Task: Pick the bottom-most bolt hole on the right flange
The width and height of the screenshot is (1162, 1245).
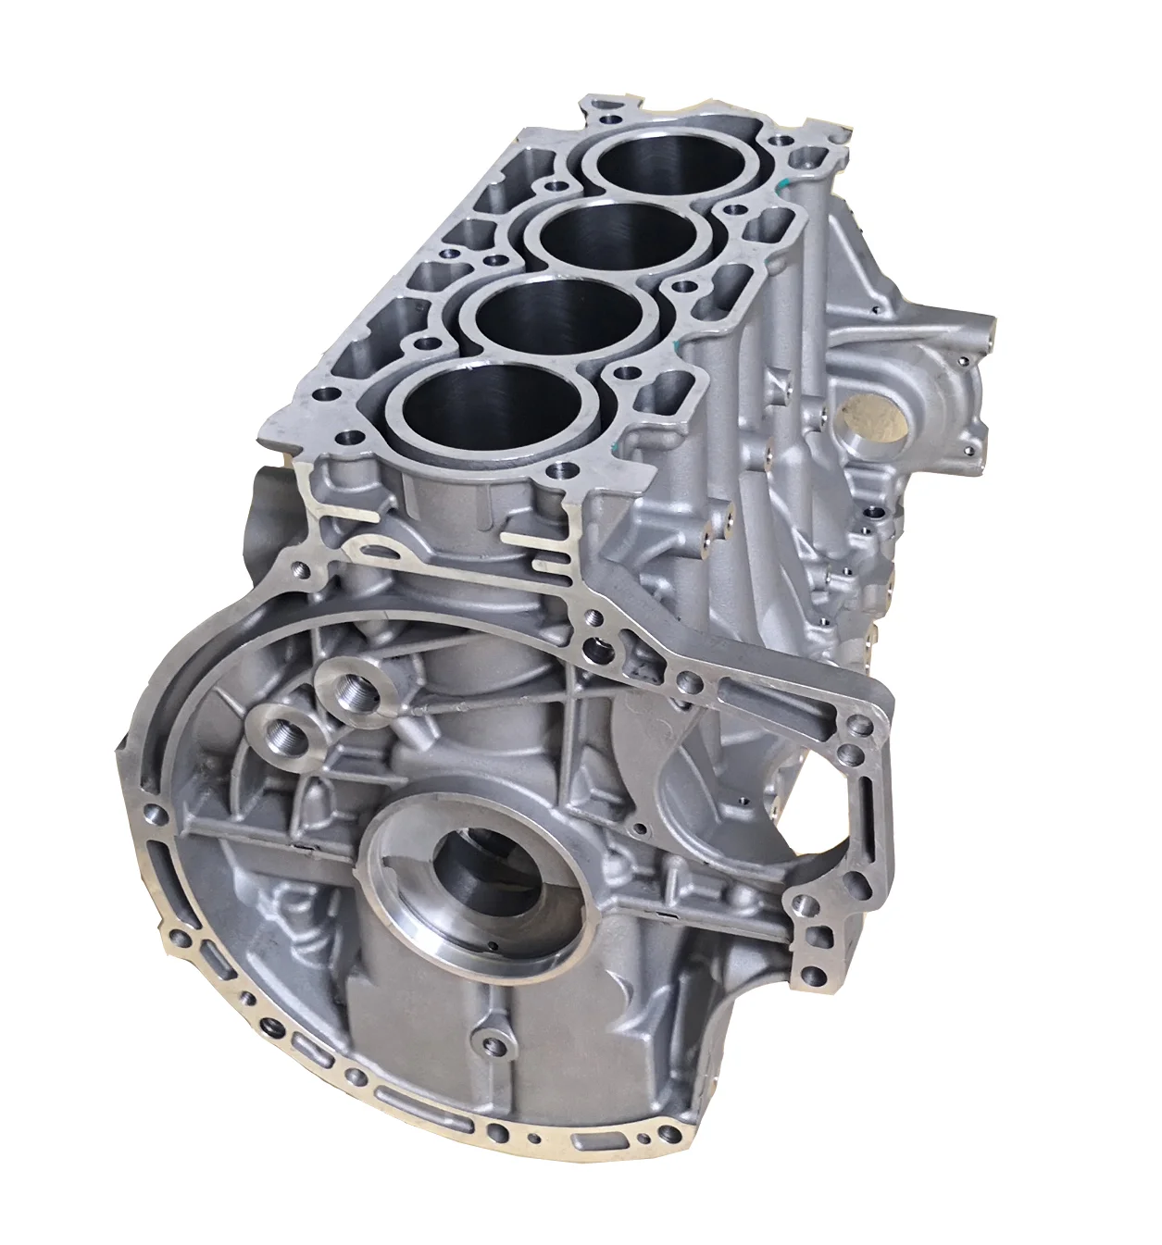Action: coord(815,975)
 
